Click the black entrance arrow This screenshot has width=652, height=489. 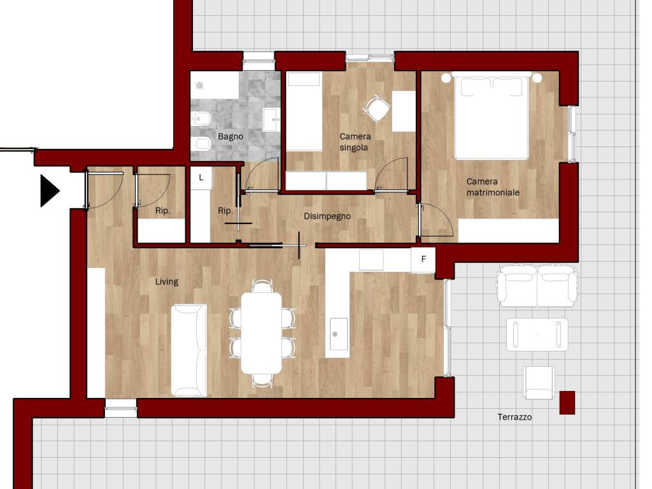49,191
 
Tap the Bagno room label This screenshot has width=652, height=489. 230,136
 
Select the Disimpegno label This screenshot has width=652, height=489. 327,216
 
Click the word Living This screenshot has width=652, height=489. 167,281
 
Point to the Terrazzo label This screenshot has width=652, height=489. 514,416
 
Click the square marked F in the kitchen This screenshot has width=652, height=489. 423,260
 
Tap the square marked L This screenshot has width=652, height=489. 201,178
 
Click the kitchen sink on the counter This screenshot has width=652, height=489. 339,334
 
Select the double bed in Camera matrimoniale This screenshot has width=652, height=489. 492,117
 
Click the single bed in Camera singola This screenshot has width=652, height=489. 304,111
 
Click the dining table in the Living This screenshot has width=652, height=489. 262,332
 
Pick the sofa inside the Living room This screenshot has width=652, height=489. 188,350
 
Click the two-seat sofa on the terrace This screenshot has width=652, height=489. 537,286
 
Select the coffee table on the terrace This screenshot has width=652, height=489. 537,335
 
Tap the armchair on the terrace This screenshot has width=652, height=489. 539,383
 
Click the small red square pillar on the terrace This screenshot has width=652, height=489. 567,402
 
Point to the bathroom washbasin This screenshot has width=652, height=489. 271,120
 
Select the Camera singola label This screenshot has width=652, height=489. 355,142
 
